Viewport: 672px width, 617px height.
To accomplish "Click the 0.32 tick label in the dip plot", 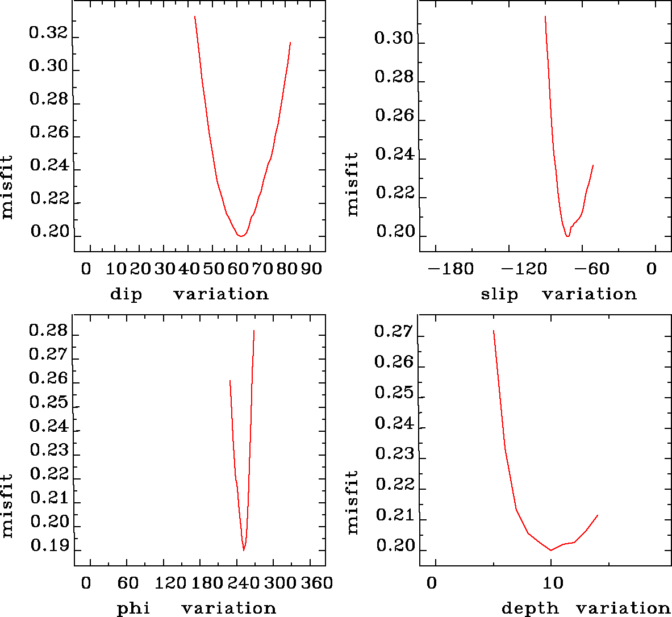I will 48,34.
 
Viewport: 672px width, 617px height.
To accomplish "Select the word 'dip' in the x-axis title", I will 126,294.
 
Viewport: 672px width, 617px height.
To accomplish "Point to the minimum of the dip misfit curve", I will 241,235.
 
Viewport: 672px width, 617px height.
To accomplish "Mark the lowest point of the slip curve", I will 567,236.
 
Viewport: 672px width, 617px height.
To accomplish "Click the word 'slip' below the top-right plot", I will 499,294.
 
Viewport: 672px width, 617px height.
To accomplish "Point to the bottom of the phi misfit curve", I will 244,550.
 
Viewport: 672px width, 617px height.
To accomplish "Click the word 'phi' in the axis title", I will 133,608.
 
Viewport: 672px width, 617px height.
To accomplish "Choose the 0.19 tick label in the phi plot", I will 49,546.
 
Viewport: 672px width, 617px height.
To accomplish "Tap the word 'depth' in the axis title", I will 530,608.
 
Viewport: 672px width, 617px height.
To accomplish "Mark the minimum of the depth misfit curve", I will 550,550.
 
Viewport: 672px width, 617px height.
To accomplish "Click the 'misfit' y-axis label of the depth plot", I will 353,502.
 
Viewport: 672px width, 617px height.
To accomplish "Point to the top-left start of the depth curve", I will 493,330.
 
